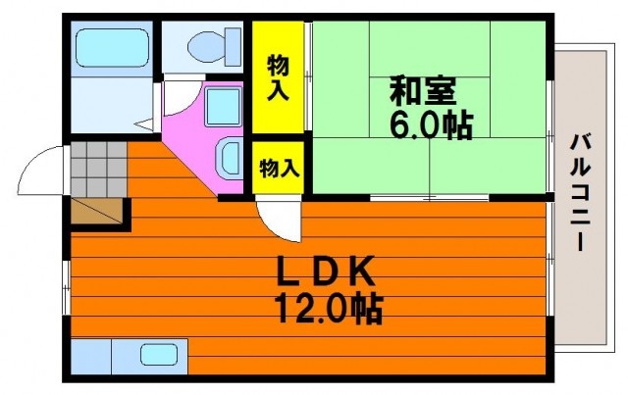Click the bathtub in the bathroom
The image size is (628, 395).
[112, 48]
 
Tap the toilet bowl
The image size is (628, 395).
[206, 46]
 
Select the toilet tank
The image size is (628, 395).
[233, 46]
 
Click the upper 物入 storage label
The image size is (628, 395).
[278, 77]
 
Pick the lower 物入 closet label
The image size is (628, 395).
[279, 168]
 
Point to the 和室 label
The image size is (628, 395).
[423, 90]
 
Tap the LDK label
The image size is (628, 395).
[326, 271]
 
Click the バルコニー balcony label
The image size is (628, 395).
[580, 192]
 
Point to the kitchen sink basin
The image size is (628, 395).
[159, 355]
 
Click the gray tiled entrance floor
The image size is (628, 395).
[99, 170]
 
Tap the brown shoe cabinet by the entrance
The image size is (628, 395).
[96, 211]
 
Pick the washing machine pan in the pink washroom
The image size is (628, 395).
[224, 107]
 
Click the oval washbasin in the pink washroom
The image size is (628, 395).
[229, 158]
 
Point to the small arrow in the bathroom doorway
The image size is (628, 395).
[144, 124]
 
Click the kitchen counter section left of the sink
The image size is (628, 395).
[91, 356]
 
